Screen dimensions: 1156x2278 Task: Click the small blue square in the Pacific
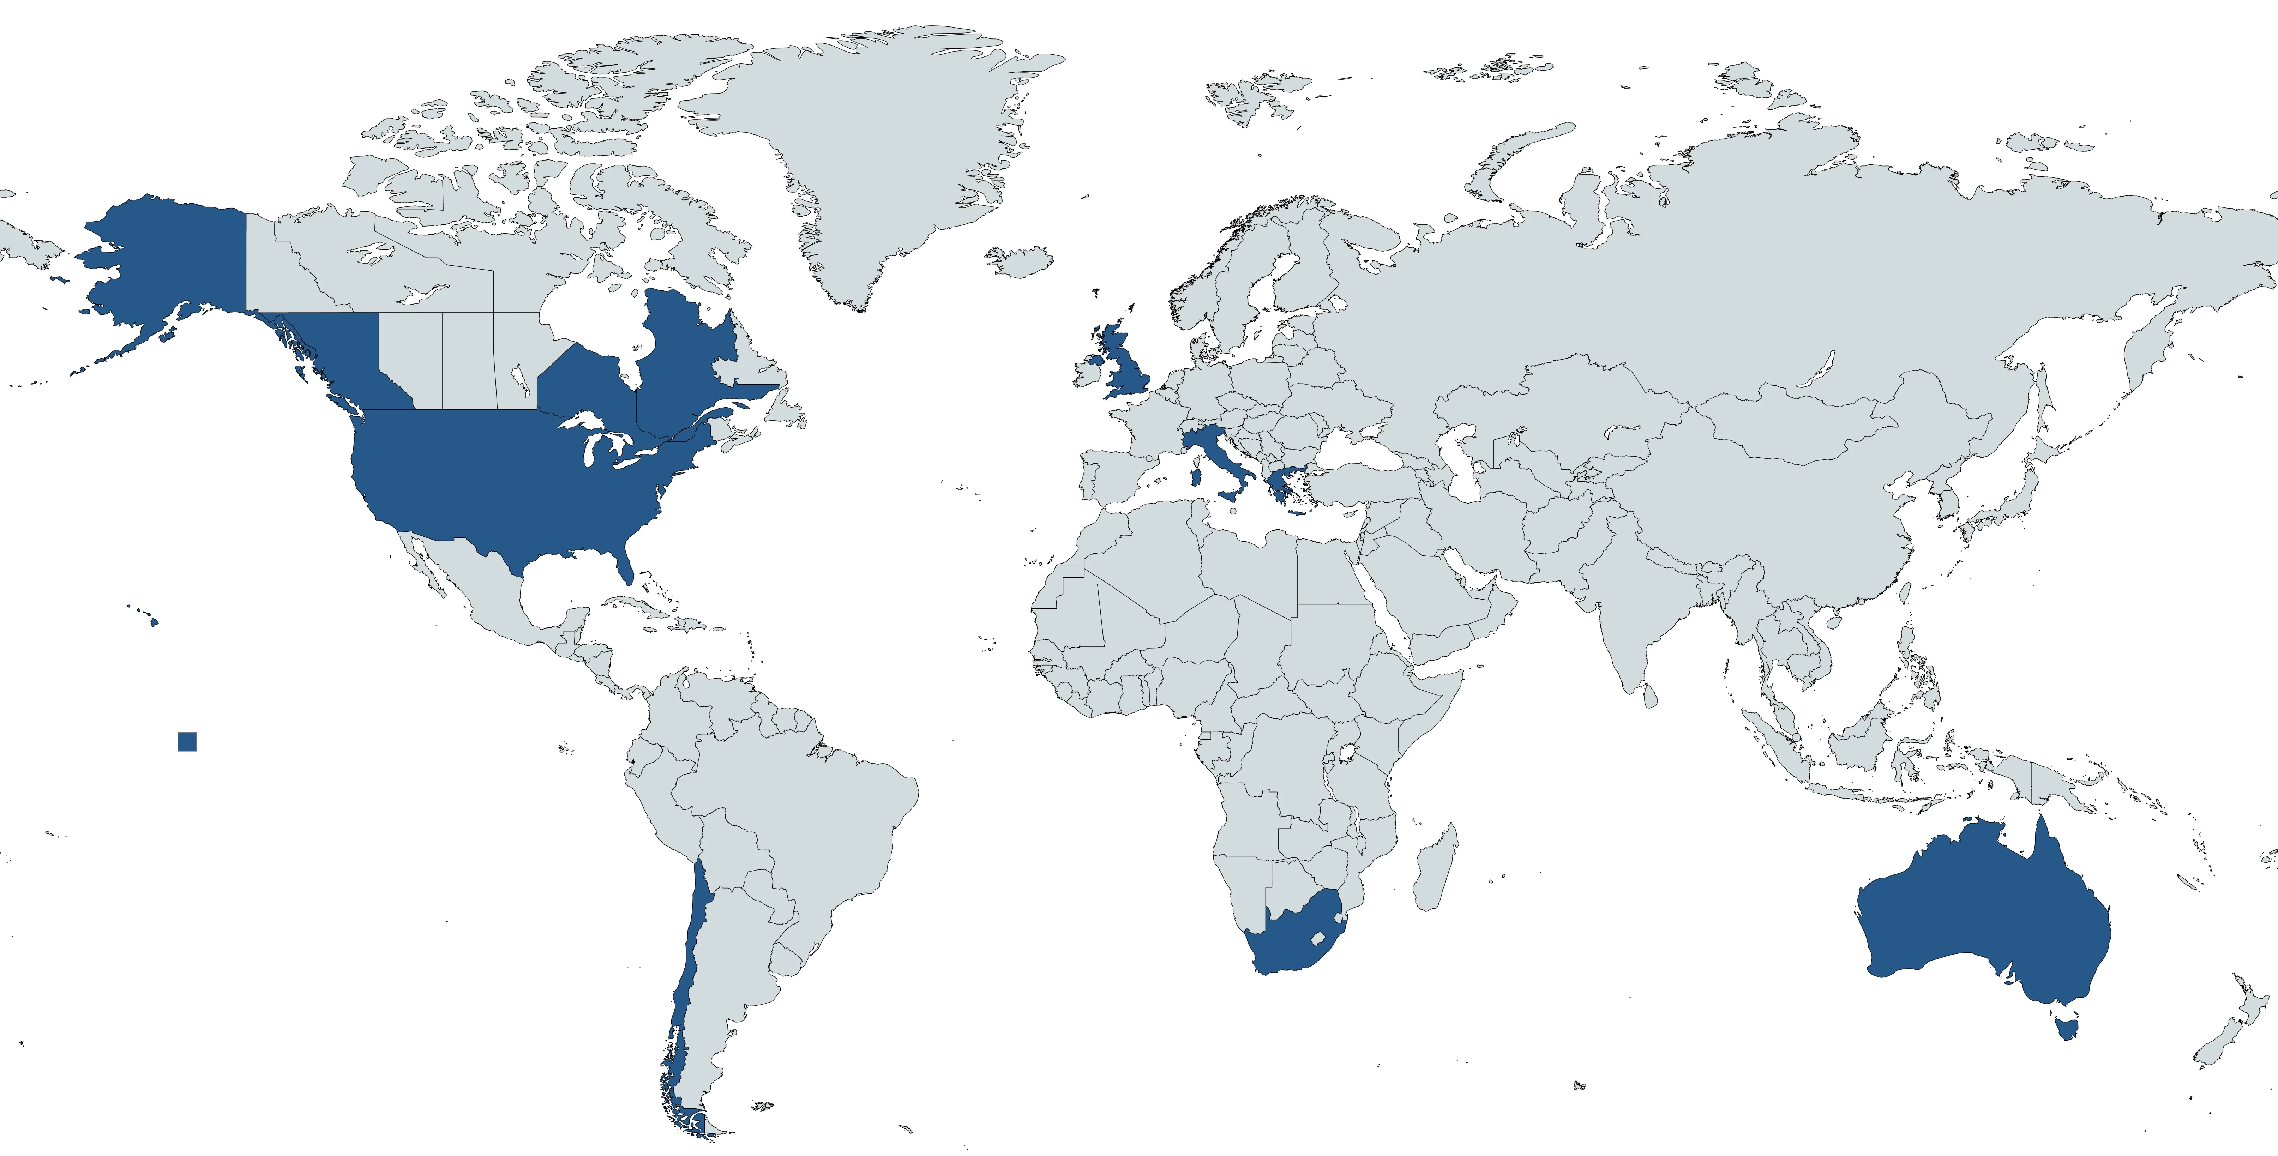(x=187, y=741)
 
